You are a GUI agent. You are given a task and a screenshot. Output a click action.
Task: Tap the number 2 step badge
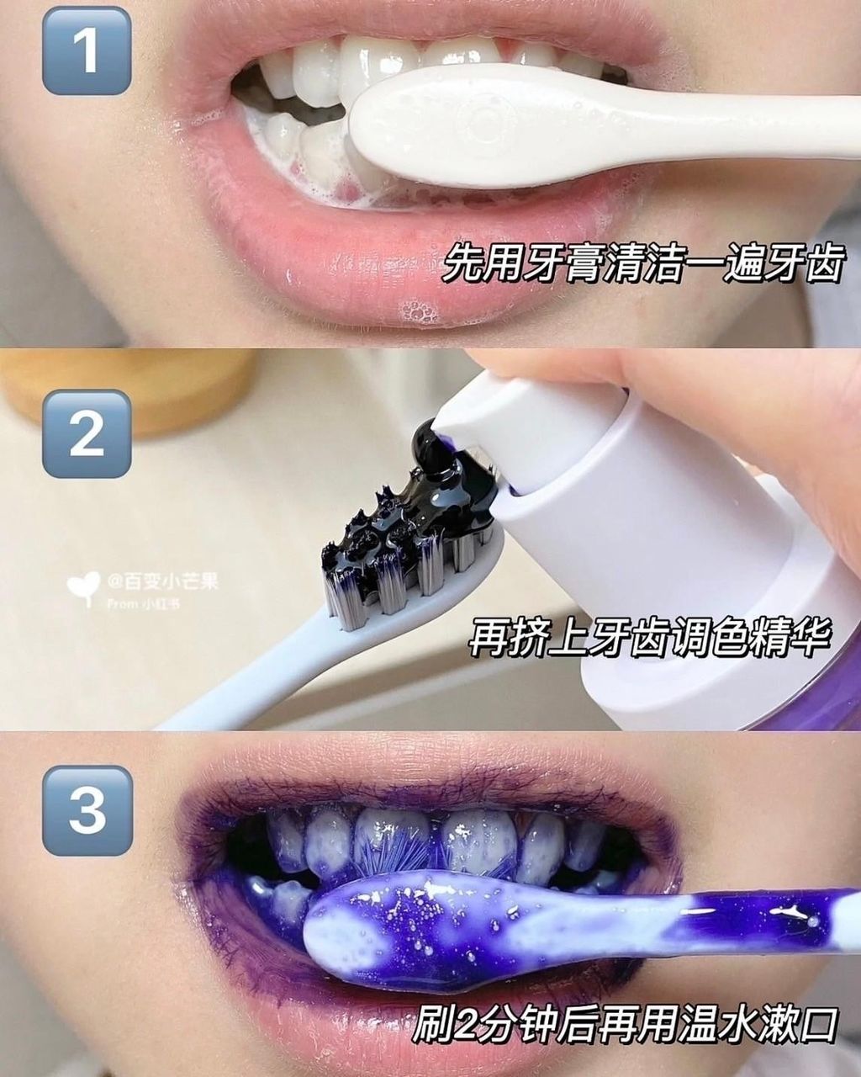click(87, 433)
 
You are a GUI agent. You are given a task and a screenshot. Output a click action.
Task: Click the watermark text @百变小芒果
click(163, 581)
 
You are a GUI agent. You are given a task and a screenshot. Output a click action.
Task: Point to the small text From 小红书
click(143, 603)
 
